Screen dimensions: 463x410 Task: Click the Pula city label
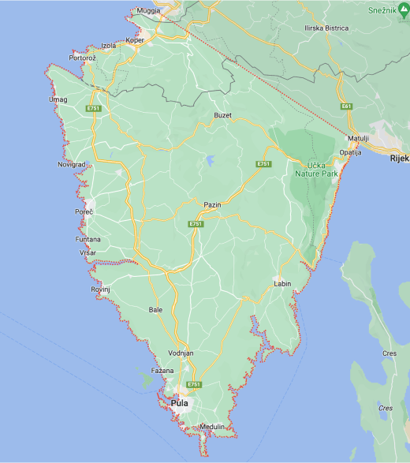(x=179, y=404)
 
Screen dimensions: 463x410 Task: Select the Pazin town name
(x=212, y=204)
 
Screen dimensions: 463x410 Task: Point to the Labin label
(x=282, y=283)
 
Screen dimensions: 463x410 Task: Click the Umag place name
(x=58, y=99)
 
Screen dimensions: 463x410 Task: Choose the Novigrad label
(x=71, y=164)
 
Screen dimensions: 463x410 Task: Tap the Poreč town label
(x=84, y=212)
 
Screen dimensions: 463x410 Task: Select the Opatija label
(x=350, y=151)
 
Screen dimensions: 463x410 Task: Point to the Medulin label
(x=212, y=426)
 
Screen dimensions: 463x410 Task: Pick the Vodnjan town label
(x=181, y=353)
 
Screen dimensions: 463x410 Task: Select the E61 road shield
(x=346, y=105)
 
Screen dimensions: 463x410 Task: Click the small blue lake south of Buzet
(x=211, y=162)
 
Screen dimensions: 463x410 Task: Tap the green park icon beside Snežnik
(x=404, y=9)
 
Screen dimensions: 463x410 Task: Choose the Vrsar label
(x=88, y=252)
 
